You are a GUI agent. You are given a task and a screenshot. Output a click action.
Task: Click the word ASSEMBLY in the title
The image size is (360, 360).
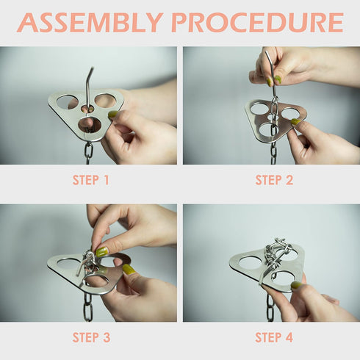[90, 23]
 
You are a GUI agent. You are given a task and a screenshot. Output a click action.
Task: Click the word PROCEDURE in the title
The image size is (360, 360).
[257, 23]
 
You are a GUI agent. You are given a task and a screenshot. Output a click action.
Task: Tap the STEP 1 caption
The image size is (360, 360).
[90, 180]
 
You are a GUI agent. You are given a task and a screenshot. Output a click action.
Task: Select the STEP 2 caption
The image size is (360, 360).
[274, 180]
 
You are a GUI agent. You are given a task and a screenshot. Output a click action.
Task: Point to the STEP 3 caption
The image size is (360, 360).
[90, 338]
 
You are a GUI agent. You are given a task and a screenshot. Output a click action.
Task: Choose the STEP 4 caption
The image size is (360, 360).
[274, 338]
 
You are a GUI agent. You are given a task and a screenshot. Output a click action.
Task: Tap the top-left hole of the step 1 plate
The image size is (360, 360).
[68, 101]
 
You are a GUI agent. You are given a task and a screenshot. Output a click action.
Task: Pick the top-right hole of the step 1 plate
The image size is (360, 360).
[105, 100]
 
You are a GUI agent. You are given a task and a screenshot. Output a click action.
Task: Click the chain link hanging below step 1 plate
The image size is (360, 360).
[88, 151]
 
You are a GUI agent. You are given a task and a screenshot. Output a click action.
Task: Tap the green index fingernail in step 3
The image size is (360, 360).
[101, 251]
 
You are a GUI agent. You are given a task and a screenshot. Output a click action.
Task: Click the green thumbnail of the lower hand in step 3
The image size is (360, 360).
[129, 270]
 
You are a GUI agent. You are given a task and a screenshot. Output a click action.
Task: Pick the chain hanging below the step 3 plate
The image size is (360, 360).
[87, 307]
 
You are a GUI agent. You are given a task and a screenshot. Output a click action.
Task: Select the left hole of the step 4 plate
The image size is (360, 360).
[250, 262]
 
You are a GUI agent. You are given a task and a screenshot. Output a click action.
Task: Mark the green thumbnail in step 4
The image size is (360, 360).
[295, 285]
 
